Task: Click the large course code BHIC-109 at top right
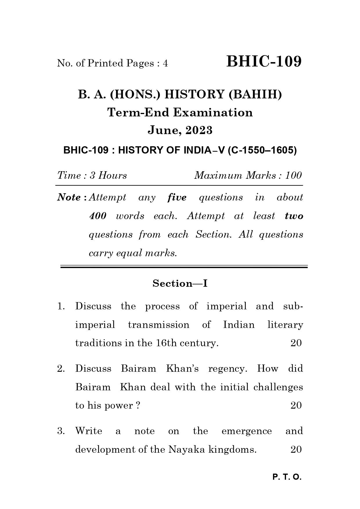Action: point(264,62)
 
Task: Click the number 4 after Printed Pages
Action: point(165,63)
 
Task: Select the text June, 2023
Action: point(180,130)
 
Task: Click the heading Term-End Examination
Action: point(180,113)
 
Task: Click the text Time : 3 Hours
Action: point(92,175)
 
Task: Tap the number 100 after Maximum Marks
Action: point(293,175)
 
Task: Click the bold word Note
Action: point(69,197)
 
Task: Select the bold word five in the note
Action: point(177,197)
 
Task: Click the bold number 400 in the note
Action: point(97,216)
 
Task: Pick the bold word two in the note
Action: point(294,216)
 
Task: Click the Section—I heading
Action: point(180,283)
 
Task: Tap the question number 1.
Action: point(60,306)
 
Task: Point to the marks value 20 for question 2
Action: point(296,405)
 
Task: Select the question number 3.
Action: point(61,431)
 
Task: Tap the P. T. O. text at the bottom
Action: point(287,477)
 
